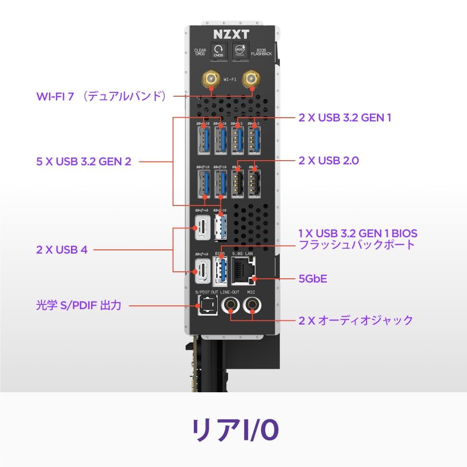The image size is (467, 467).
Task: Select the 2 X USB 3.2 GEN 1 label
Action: pos(345,117)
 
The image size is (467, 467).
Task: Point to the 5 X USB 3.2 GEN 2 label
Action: pos(84,162)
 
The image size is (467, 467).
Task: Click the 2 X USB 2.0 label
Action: pos(329,161)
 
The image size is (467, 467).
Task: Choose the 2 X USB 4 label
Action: pos(62,249)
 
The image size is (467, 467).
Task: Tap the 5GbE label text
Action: pos(313,279)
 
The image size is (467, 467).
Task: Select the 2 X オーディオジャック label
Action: pos(356,320)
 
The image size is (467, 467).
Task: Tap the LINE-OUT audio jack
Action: pos(231,305)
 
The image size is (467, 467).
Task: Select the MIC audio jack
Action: pos(253,305)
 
